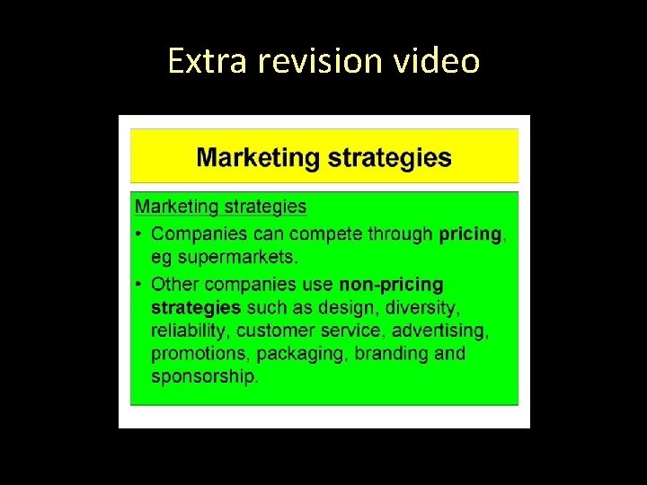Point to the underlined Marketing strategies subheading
(220, 207)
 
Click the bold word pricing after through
(470, 234)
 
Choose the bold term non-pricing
(391, 284)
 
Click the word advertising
(439, 331)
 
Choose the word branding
(390, 354)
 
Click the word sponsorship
(204, 376)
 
